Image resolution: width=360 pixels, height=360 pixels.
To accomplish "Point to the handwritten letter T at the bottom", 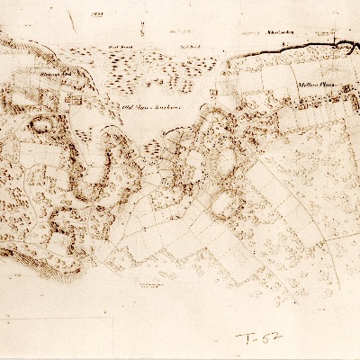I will pos(244,338).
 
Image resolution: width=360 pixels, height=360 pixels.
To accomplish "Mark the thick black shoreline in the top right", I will pos(297,46).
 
